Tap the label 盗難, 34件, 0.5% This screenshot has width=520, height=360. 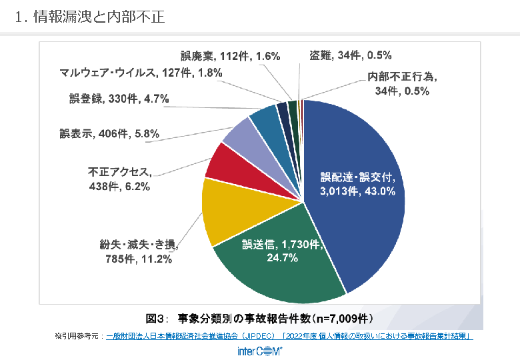click(351, 55)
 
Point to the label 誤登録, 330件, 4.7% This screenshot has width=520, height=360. click(119, 99)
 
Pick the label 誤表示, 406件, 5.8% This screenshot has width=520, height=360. click(109, 134)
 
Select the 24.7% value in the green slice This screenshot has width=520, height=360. click(283, 258)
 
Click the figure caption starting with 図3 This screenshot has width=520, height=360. click(259, 316)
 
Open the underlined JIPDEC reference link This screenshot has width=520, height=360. click(289, 336)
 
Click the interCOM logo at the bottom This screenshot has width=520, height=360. click(260, 351)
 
